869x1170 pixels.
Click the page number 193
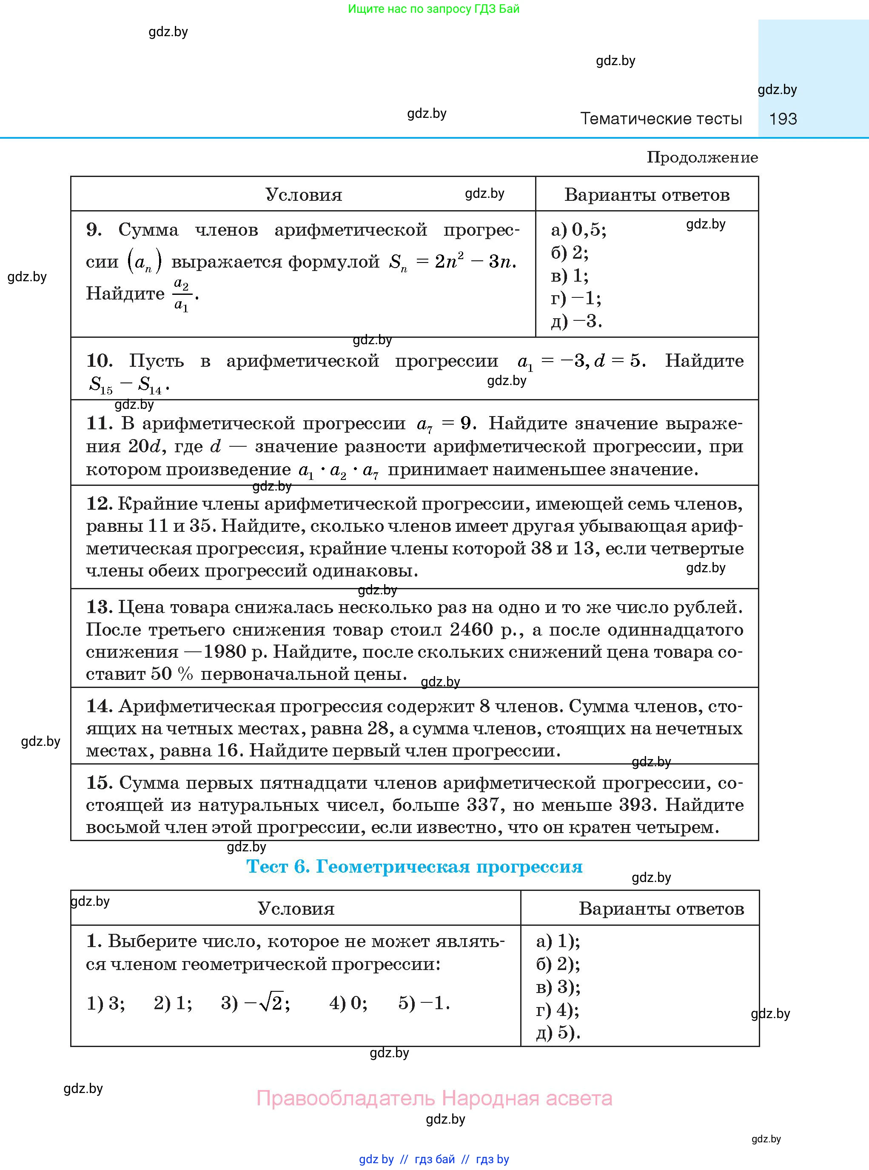tap(783, 119)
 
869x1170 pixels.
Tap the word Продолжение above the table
tap(702, 157)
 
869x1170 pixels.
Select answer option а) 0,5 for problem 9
tap(578, 230)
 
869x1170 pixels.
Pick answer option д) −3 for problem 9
tap(576, 321)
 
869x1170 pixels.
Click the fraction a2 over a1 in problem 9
tap(182, 294)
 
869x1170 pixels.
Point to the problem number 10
tap(99, 361)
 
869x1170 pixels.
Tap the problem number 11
tap(98, 423)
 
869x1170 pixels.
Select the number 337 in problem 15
tap(482, 805)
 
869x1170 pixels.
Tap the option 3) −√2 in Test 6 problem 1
tap(255, 1003)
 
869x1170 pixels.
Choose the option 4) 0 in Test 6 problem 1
tap(348, 1003)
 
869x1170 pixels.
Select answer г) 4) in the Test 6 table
tap(557, 1010)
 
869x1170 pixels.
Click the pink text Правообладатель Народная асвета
tap(434, 1099)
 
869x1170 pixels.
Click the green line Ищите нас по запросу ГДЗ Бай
tap(433, 9)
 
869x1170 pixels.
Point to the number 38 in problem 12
tap(541, 549)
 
